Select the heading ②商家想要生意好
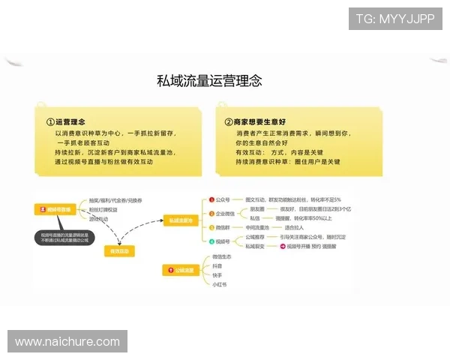point(256,121)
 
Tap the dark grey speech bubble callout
point(65,238)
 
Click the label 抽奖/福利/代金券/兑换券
point(115,200)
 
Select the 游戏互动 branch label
point(100,220)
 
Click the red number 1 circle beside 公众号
point(211,200)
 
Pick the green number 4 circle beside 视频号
point(211,241)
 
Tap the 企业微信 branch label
point(226,214)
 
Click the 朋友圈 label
point(258,208)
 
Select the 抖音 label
point(217,266)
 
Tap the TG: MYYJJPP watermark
point(395,18)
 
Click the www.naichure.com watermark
point(67,342)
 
